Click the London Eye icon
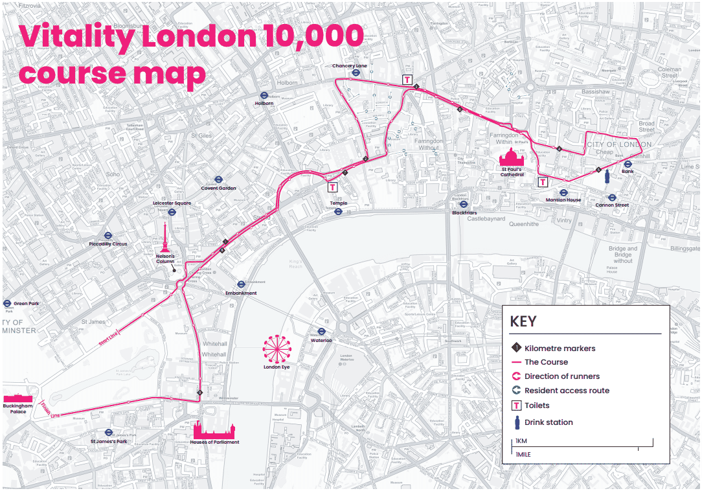pyautogui.click(x=277, y=348)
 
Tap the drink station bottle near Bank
pyautogui.click(x=607, y=176)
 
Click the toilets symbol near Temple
pyautogui.click(x=332, y=187)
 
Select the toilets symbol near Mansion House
pyautogui.click(x=543, y=182)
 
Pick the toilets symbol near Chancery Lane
pyautogui.click(x=407, y=80)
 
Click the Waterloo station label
pyautogui.click(x=321, y=340)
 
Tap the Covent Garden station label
pyautogui.click(x=219, y=188)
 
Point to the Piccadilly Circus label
pyautogui.click(x=108, y=244)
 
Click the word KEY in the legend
pyautogui.click(x=523, y=322)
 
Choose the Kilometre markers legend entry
pyautogui.click(x=560, y=348)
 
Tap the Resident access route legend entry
pyautogui.click(x=566, y=391)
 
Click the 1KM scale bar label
pyautogui.click(x=521, y=441)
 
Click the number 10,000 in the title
pyautogui.click(x=299, y=36)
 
